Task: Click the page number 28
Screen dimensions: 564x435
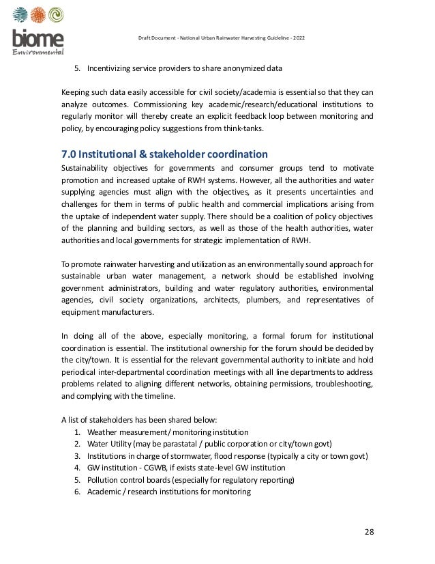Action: pos(369,532)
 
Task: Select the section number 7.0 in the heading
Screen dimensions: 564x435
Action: pos(69,154)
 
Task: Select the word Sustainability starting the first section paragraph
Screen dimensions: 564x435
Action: pos(87,167)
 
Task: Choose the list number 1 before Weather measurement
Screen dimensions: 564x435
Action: pos(78,432)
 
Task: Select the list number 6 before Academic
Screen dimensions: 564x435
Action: pos(78,492)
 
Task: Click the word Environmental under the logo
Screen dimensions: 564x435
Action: pos(39,52)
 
